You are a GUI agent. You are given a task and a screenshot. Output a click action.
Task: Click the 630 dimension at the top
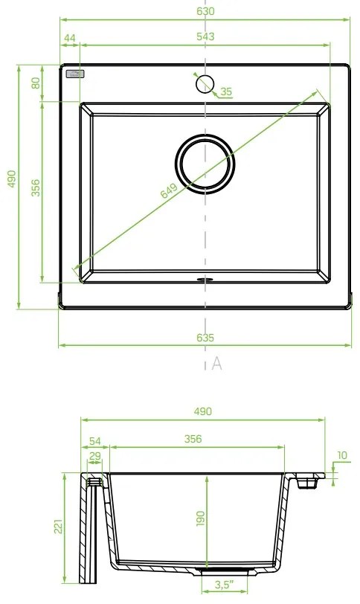205,11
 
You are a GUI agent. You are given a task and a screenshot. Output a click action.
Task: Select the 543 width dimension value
205,36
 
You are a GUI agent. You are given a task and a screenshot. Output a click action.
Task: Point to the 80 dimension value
34,83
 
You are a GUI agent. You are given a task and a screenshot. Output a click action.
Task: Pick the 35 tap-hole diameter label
226,92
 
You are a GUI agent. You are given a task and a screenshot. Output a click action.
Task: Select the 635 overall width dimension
205,338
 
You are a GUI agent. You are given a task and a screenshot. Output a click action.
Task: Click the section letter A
216,363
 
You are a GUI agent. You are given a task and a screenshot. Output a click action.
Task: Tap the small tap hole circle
205,83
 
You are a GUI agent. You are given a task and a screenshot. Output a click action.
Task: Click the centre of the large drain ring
205,164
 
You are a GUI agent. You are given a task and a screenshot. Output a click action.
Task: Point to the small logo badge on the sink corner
76,74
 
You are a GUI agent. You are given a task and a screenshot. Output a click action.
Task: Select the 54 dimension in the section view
94,440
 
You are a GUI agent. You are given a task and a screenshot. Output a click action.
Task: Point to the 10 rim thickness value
341,455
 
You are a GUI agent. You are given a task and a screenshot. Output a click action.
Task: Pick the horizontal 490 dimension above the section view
202,411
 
